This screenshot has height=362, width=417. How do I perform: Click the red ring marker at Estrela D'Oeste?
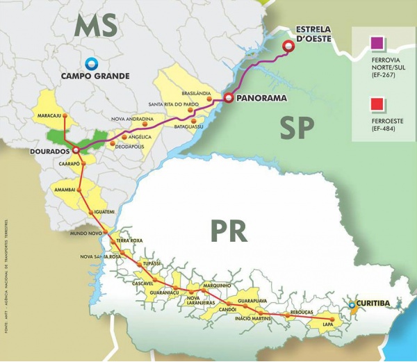[288, 47]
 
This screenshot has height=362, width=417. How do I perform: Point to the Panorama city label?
[261, 98]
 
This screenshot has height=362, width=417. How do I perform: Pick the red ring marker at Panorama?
[227, 98]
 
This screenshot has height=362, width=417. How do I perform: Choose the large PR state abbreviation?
[227, 231]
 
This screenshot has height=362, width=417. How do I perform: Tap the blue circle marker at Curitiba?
[352, 304]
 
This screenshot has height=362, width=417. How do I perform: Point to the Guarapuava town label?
[252, 300]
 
